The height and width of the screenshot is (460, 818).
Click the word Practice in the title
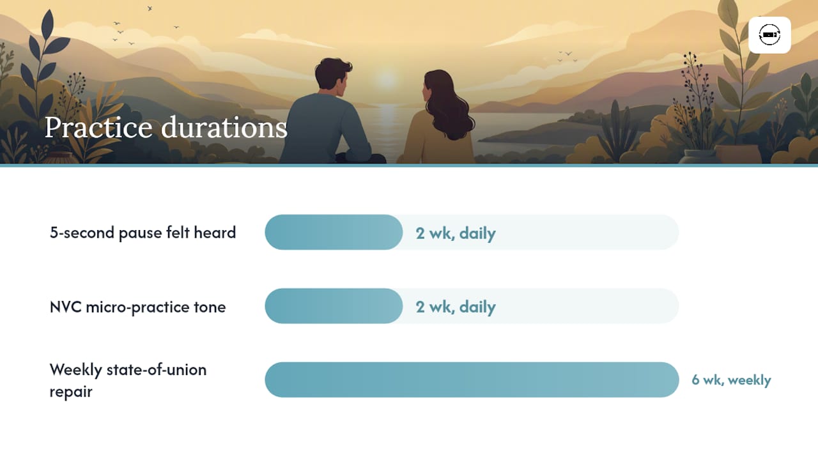click(98, 127)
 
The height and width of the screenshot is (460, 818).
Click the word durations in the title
click(224, 127)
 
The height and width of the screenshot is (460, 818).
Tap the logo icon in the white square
click(769, 35)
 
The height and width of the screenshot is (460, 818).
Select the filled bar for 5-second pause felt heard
click(334, 232)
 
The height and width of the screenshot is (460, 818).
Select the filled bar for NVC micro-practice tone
click(334, 306)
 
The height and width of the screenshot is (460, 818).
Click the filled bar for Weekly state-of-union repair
click(472, 379)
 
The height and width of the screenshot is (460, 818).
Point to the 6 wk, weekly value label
click(731, 380)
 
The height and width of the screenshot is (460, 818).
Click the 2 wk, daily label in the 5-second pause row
click(456, 233)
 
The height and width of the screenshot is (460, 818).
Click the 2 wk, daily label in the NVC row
click(456, 307)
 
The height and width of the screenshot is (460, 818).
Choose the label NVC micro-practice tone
click(137, 307)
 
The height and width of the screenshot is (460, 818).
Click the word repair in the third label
click(71, 392)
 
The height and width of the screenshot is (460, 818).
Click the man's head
click(332, 74)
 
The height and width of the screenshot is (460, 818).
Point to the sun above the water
click(387, 79)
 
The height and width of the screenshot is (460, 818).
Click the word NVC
click(65, 307)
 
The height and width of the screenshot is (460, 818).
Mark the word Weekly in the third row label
click(75, 370)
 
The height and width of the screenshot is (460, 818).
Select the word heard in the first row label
click(215, 233)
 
